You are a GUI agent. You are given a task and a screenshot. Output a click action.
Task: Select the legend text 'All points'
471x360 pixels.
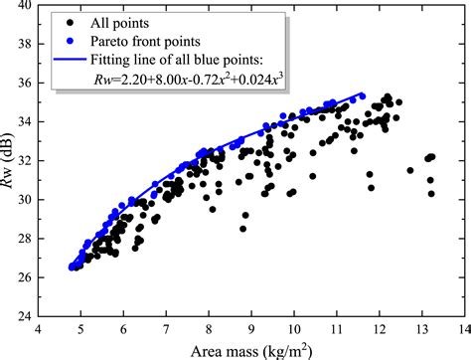123,21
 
